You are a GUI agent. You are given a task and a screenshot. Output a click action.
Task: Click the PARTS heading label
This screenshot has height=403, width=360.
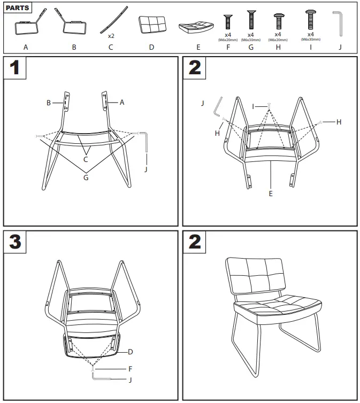17,9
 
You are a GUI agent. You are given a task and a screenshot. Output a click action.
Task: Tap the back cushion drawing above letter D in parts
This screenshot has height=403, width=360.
151,26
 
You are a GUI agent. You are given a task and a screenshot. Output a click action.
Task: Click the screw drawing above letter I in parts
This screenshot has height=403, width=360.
310,21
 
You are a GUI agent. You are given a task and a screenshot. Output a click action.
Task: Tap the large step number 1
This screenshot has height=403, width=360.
16,69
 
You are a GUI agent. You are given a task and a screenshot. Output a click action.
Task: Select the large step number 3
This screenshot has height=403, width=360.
16,243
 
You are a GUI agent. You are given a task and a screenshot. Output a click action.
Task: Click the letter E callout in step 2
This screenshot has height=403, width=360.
271,193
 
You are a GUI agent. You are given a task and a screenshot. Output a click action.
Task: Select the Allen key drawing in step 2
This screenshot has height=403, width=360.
218,106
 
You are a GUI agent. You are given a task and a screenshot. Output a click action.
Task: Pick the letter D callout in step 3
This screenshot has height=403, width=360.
130,352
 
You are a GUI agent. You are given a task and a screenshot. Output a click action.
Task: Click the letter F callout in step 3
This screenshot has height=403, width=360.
130,368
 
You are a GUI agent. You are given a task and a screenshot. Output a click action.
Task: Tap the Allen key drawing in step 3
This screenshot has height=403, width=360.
102,377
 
